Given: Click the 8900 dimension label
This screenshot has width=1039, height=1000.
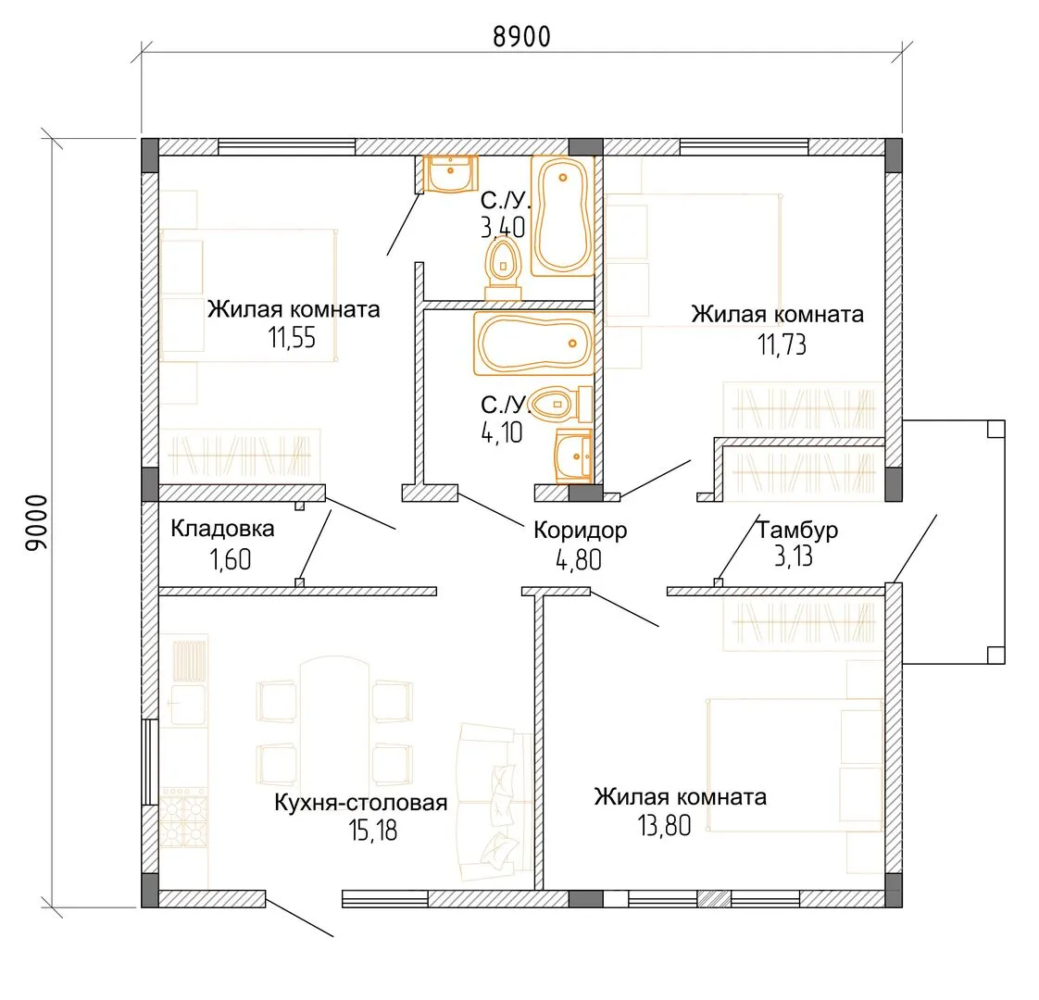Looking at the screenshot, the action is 521,37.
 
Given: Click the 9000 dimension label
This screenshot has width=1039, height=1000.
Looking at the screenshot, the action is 37,523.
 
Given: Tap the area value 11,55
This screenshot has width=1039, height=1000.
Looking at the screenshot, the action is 293,338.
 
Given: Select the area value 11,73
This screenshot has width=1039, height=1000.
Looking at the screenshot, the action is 782,344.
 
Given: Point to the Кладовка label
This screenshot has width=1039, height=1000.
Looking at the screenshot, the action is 222,528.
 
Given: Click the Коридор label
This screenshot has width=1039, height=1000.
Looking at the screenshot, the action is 581,531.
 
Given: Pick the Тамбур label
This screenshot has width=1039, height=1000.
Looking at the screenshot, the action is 797,530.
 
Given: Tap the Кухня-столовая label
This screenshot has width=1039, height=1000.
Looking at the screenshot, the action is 361,803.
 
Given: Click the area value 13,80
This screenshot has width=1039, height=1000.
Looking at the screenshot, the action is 665,826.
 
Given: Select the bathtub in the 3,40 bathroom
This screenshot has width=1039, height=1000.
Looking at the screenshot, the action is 563,216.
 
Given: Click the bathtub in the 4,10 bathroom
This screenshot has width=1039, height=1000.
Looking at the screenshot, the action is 533,344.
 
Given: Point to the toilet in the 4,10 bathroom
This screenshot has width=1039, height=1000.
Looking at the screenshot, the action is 561,404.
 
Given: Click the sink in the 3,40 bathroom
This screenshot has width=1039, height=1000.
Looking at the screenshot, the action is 451,174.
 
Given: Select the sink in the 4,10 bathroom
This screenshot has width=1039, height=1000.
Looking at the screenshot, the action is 574,456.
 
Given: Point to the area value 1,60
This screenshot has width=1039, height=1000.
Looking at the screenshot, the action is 231,560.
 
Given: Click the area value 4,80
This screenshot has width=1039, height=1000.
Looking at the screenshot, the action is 579,560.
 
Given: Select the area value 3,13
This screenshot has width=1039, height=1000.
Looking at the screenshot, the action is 794,556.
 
